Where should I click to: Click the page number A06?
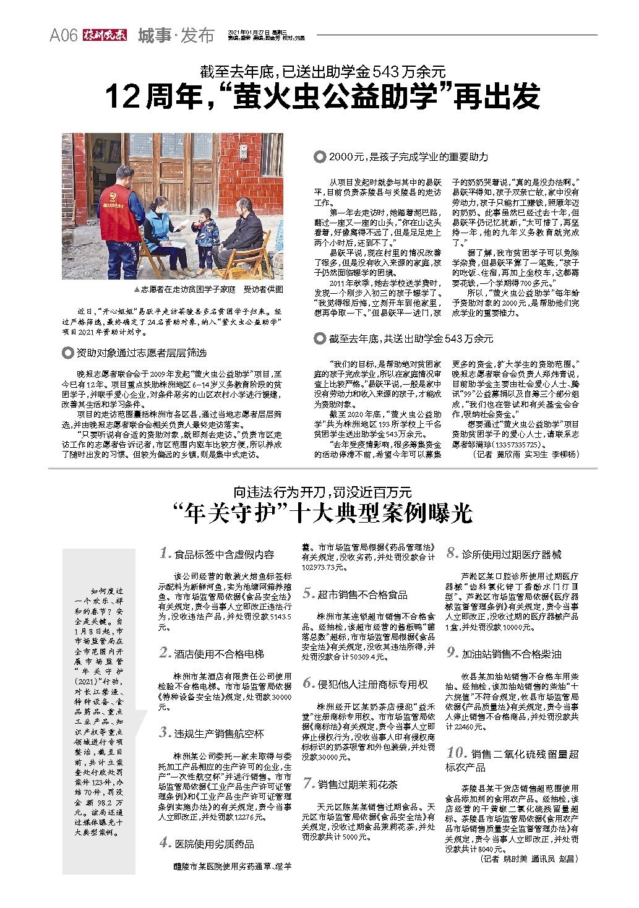coord(63,36)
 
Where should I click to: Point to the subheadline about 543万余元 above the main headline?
coord(322,71)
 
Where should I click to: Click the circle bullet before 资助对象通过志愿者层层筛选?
coord(68,353)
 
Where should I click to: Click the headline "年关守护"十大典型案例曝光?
coord(322,513)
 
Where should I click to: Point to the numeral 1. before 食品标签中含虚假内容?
coord(165,554)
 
